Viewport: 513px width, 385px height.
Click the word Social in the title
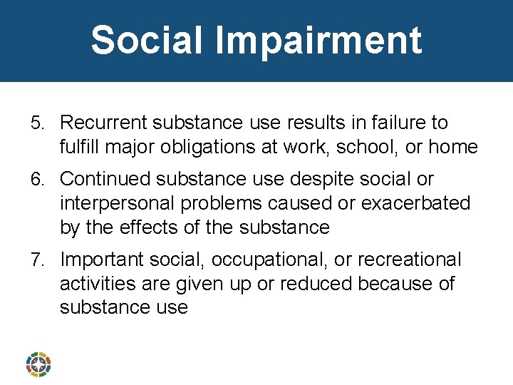pos(147,40)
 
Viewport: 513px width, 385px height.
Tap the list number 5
pos(39,123)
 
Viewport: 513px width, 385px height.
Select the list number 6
pos(39,179)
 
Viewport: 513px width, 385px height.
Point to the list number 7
pos(39,260)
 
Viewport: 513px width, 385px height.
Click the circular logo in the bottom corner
pos(38,364)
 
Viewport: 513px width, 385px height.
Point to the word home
pos(454,147)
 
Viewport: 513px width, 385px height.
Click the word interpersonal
pos(117,203)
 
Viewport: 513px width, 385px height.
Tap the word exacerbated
pos(416,203)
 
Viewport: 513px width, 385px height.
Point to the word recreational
pos(409,260)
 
